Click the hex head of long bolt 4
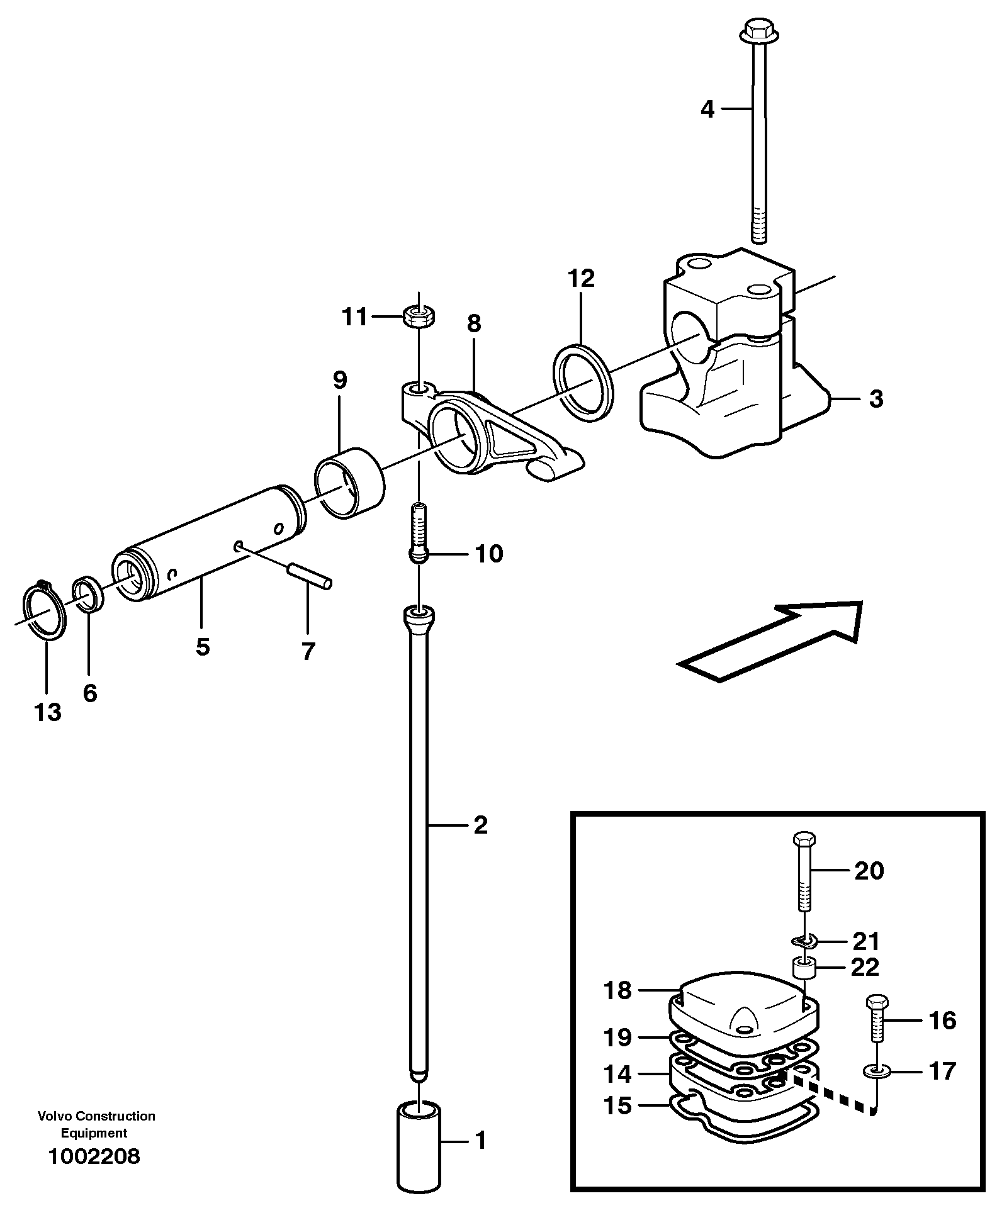click(x=753, y=28)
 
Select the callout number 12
click(x=580, y=277)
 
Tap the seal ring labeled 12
click(x=583, y=383)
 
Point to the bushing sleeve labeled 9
click(x=350, y=483)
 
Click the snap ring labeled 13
click(x=44, y=611)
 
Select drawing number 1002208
click(x=93, y=1156)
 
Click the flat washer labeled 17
click(x=876, y=1070)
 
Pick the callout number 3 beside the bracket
click(x=876, y=399)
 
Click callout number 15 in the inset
click(x=617, y=1105)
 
